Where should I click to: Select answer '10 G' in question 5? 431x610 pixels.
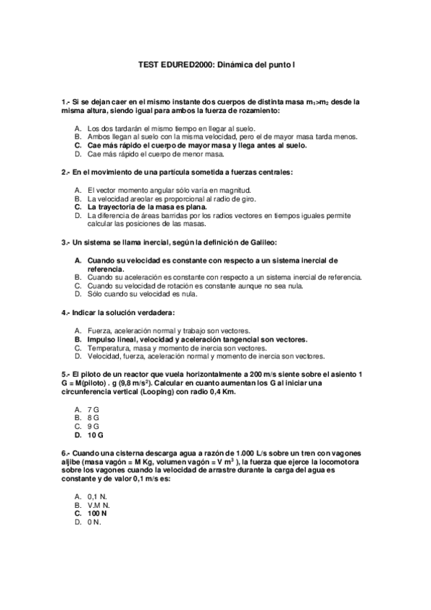(96, 435)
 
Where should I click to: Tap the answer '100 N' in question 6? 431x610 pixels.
(97, 514)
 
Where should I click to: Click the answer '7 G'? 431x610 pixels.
(93, 409)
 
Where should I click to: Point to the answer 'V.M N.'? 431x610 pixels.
(98, 505)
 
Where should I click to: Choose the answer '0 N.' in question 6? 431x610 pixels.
(94, 522)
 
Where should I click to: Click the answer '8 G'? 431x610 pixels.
(93, 417)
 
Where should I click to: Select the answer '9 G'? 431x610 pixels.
(93, 426)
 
